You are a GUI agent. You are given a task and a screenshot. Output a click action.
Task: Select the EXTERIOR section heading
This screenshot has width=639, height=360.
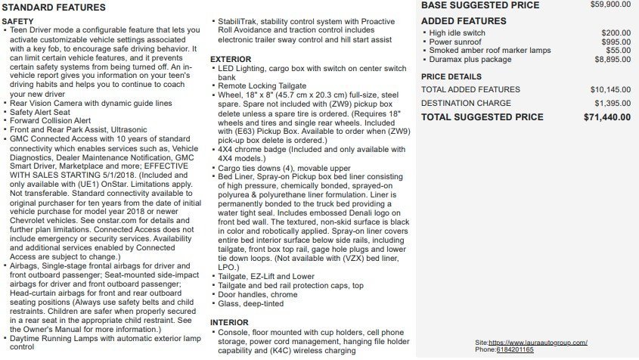pyautogui.click(x=231, y=58)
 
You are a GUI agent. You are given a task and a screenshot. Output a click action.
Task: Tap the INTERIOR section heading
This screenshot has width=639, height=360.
pyautogui.click(x=229, y=322)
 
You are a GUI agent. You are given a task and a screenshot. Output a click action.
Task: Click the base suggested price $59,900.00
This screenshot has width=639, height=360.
pyautogui.click(x=610, y=5)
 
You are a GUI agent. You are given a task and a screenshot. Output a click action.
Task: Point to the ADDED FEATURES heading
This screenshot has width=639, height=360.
pyautogui.click(x=464, y=20)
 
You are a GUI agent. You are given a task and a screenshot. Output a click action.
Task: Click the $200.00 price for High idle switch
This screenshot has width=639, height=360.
pyautogui.click(x=616, y=33)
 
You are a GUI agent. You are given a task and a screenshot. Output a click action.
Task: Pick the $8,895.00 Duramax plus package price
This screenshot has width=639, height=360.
pyautogui.click(x=613, y=59)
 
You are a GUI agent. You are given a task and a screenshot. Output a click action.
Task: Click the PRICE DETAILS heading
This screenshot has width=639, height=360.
pyautogui.click(x=451, y=76)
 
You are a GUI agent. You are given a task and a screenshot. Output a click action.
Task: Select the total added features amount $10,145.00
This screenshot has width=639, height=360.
pyautogui.click(x=610, y=89)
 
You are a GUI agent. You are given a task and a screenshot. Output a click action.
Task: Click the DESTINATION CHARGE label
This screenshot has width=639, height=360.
pyautogui.click(x=466, y=103)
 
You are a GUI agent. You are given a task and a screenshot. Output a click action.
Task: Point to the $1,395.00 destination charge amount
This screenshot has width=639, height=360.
pyautogui.click(x=613, y=103)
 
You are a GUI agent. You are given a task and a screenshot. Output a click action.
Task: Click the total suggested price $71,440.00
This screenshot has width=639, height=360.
pyautogui.click(x=607, y=117)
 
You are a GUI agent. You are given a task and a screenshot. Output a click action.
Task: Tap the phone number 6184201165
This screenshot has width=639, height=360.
pyautogui.click(x=515, y=349)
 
